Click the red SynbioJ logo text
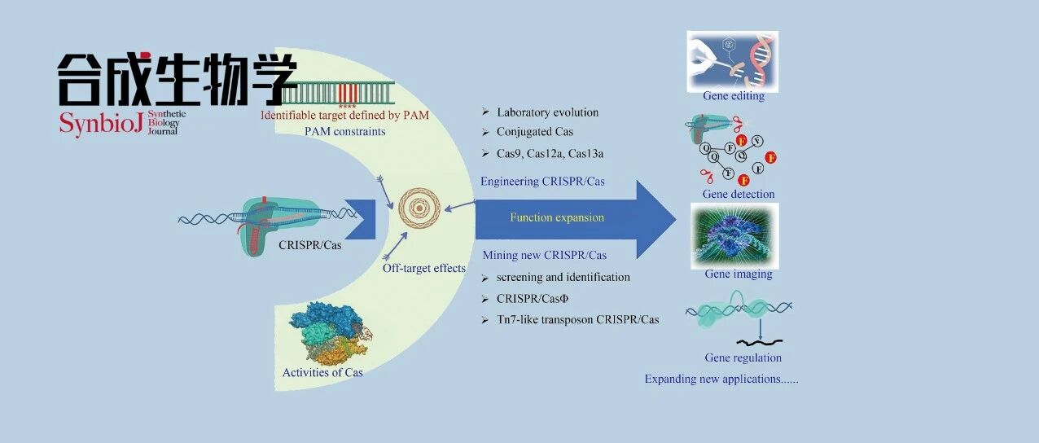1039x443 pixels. point(101,123)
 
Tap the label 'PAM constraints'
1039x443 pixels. point(344,132)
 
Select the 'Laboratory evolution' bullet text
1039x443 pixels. point(547,112)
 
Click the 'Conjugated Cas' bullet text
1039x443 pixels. point(535,132)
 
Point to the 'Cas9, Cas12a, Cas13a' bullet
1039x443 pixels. point(550,154)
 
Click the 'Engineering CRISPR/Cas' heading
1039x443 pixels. point(542,182)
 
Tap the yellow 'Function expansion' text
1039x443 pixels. point(557,217)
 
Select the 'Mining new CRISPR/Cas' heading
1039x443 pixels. point(545,255)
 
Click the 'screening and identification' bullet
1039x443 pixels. point(563,278)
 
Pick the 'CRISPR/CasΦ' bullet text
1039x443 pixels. point(533,299)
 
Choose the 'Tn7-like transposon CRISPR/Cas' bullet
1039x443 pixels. point(577,320)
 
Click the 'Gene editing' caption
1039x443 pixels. point(734,96)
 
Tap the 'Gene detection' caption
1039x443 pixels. point(739,195)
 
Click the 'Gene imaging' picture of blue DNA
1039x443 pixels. point(734,235)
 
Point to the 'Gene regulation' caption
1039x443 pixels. point(743,358)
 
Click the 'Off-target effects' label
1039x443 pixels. point(424,269)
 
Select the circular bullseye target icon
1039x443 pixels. point(419,208)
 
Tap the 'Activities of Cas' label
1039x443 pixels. point(322,372)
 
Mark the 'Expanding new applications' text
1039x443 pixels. point(721,379)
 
